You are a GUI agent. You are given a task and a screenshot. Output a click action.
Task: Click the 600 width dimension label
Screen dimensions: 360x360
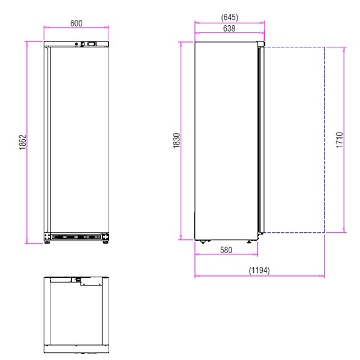point(76,23)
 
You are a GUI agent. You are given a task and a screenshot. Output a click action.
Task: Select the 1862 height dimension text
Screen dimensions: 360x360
point(23,142)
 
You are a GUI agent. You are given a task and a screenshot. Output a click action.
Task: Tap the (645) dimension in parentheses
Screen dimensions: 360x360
point(229,17)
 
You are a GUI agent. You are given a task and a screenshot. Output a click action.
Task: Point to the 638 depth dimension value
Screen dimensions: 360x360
point(229,28)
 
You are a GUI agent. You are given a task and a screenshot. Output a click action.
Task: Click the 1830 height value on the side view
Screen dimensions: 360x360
point(176,140)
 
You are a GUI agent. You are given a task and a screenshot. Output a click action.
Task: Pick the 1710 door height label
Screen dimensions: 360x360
point(340,140)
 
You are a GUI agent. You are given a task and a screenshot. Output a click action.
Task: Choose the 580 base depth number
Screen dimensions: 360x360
point(226,250)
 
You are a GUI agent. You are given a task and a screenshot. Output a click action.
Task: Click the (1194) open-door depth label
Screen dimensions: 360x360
point(259,270)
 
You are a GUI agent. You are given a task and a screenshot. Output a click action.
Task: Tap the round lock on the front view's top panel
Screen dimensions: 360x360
point(77,44)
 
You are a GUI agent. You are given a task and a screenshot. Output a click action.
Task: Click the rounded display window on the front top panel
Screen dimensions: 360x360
point(92,44)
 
